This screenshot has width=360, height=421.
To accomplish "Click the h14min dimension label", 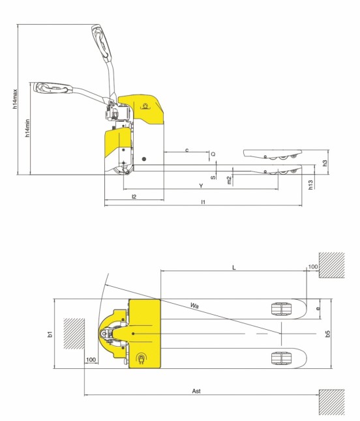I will pyautogui.click(x=27, y=127).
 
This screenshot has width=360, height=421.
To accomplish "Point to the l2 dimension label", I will pyautogui.click(x=134, y=196).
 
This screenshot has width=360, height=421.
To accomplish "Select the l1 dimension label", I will pyautogui.click(x=203, y=203).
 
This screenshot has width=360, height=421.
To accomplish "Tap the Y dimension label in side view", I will pyautogui.click(x=200, y=186).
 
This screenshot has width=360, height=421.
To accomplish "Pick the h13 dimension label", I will pyautogui.click(x=310, y=185).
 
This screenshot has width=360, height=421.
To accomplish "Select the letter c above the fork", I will pyautogui.click(x=187, y=150).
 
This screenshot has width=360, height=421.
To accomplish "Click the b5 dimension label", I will pyautogui.click(x=328, y=334).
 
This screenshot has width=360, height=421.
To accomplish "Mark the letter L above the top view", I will pyautogui.click(x=233, y=267).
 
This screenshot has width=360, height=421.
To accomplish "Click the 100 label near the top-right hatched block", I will pyautogui.click(x=312, y=267).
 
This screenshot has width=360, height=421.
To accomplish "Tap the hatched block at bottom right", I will pyautogui.click(x=331, y=401).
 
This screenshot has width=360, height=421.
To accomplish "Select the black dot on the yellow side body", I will pyautogui.click(x=144, y=159).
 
